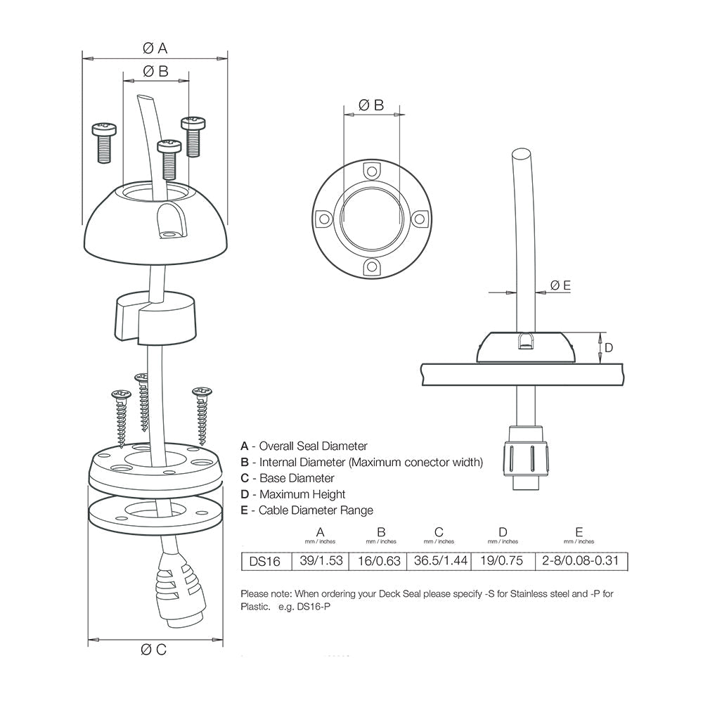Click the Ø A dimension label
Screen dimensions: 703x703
(155, 48)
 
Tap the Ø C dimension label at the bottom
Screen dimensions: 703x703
(155, 650)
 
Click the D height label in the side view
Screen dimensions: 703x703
(610, 347)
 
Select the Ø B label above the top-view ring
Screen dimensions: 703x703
(371, 105)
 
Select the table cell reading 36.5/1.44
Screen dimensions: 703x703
(439, 562)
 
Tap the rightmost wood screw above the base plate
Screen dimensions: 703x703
(202, 415)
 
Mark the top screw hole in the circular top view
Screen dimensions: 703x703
(371, 170)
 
